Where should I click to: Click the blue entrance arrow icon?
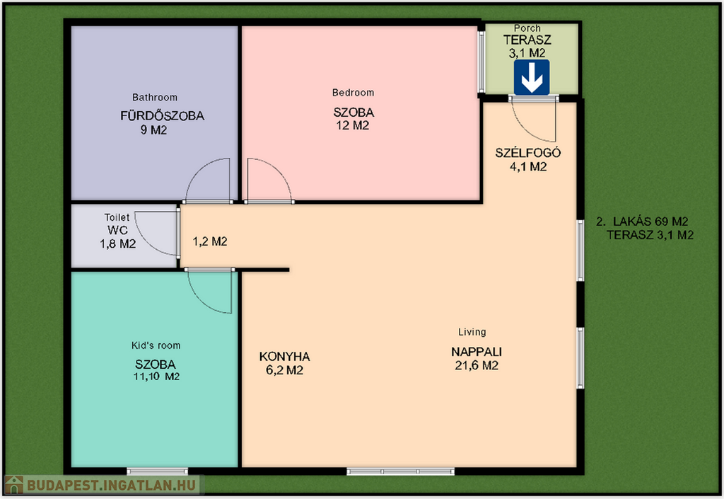(x=532, y=78)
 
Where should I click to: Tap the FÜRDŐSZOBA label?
(x=162, y=115)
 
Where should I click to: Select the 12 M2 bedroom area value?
(x=353, y=126)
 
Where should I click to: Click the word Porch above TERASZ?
(x=527, y=28)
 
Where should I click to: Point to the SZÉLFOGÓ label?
(x=528, y=152)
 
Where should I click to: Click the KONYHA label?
(x=284, y=357)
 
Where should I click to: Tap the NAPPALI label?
(x=477, y=352)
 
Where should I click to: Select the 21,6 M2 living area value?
(x=477, y=366)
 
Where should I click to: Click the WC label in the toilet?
(x=118, y=230)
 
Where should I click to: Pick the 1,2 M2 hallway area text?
(x=209, y=241)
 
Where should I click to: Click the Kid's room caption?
(x=156, y=345)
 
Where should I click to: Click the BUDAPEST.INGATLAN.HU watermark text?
(x=111, y=485)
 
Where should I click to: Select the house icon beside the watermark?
(x=14, y=485)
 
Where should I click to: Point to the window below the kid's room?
(x=158, y=471)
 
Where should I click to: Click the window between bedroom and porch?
(x=481, y=62)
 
